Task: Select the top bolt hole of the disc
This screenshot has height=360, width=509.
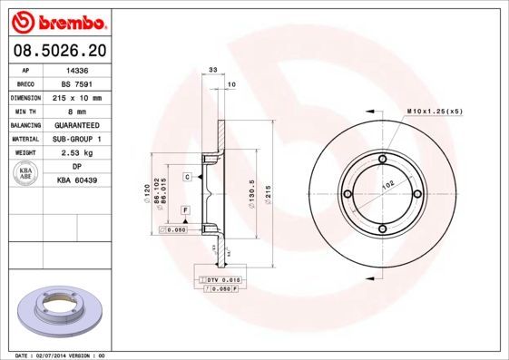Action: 382,161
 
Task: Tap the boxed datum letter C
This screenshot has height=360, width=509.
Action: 187,176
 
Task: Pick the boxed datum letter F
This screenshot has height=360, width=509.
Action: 185,210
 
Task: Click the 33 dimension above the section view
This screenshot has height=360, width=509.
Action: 212,69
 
